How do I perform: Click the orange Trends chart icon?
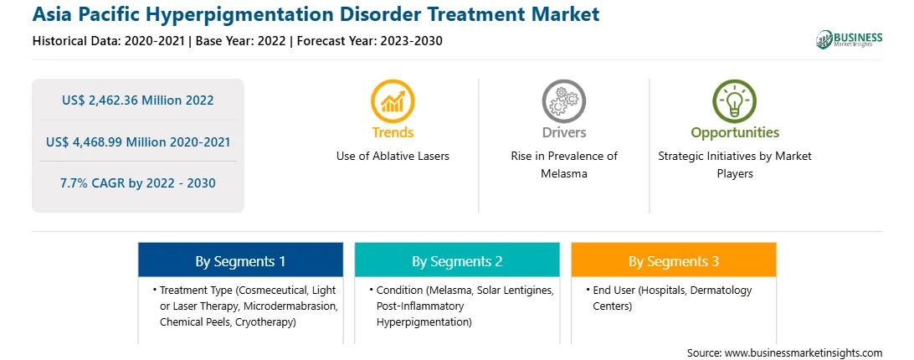click(x=393, y=101)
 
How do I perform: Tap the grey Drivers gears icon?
click(x=563, y=101)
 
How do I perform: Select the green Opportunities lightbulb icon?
click(x=735, y=101)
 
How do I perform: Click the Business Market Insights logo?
click(x=850, y=39)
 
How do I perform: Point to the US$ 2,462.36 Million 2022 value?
click(x=137, y=100)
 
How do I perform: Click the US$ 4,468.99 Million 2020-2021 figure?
click(x=137, y=141)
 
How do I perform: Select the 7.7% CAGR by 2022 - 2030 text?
click(x=137, y=183)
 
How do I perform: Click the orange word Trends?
click(x=393, y=132)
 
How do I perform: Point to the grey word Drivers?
click(x=563, y=132)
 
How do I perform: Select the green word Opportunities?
click(x=735, y=132)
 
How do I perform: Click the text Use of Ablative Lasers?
click(x=393, y=157)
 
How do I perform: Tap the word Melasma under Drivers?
click(x=563, y=174)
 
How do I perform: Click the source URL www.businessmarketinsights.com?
click(x=804, y=353)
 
